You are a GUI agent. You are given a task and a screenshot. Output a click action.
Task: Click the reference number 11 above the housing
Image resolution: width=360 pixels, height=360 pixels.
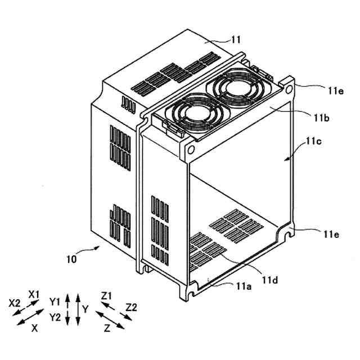(236, 39)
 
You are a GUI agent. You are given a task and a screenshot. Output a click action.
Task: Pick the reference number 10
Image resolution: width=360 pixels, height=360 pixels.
(71, 259)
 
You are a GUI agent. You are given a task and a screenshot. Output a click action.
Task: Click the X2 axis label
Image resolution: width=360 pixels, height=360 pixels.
(15, 302)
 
